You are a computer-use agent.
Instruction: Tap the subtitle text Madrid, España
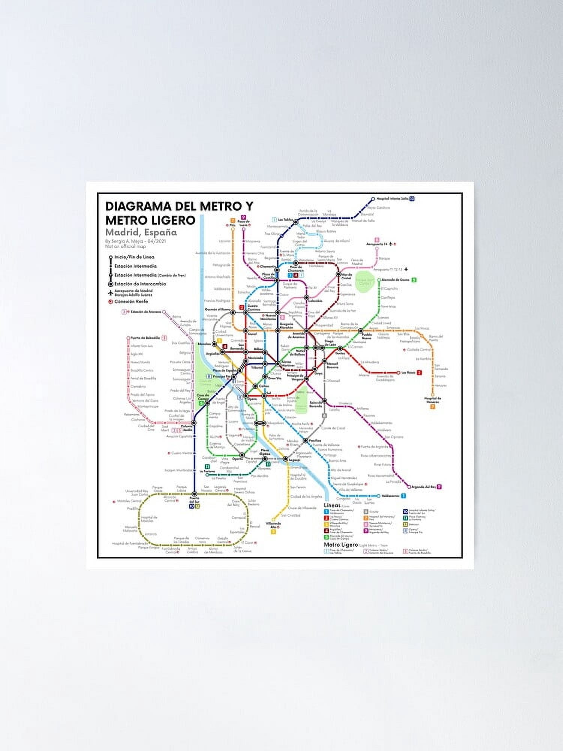click(x=141, y=232)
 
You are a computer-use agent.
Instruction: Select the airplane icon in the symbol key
click(x=110, y=293)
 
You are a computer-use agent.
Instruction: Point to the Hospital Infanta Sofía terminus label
click(x=392, y=198)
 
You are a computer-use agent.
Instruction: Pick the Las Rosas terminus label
click(x=408, y=372)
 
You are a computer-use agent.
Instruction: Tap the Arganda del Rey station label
click(x=423, y=487)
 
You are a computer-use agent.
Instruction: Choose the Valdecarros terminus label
click(x=390, y=496)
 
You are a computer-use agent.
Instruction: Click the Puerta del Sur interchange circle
click(x=194, y=494)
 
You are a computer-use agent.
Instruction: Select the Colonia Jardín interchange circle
click(x=194, y=423)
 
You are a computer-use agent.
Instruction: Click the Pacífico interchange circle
click(x=306, y=440)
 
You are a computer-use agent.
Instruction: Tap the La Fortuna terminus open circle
click(x=208, y=475)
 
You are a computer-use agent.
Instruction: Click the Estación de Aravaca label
click(x=146, y=312)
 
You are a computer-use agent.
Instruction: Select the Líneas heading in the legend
click(x=332, y=505)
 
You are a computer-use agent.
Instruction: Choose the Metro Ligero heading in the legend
click(x=340, y=544)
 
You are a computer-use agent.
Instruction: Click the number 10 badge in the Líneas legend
click(x=405, y=511)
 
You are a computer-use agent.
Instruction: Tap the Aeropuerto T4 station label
click(x=377, y=244)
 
